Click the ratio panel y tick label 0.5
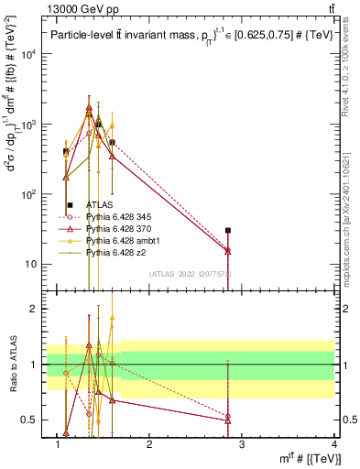coord(33,420)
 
